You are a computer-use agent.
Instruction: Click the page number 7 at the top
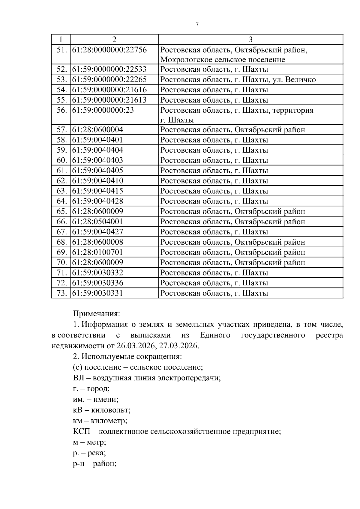tap(197, 24)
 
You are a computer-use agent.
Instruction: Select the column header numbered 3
tap(250, 40)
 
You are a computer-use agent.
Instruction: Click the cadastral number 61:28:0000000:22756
tap(109, 49)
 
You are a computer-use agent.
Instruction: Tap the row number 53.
tap(61, 80)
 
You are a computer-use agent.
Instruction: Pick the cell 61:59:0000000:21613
tap(109, 100)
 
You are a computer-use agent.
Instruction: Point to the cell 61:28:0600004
tap(97, 130)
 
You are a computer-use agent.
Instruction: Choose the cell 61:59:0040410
tap(97, 181)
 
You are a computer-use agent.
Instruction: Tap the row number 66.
tap(61, 222)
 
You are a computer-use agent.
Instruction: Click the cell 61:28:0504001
tap(97, 222)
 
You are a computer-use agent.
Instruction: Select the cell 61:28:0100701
tap(97, 252)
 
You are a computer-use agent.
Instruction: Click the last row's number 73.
tap(61, 293)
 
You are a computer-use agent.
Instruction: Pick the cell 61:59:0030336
tap(97, 283)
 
